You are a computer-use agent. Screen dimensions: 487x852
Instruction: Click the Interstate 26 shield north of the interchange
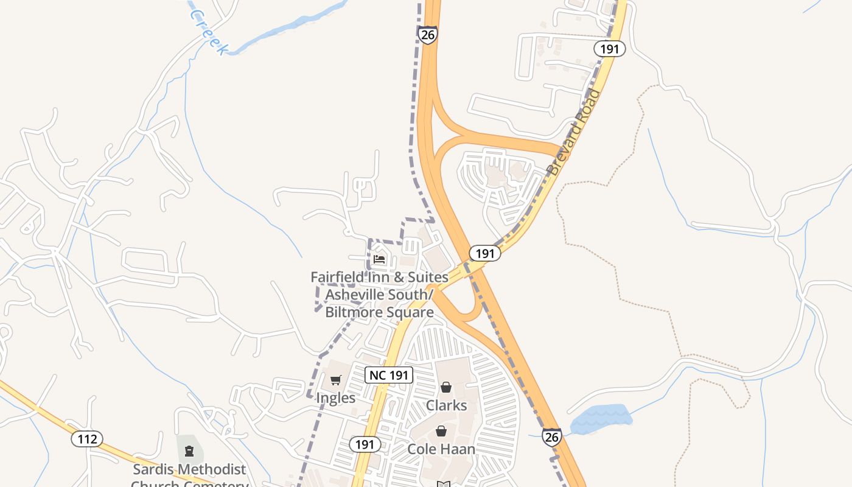click(428, 34)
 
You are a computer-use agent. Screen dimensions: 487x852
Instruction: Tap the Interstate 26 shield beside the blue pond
click(551, 436)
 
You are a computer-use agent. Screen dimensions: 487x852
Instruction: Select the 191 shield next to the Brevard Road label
click(609, 49)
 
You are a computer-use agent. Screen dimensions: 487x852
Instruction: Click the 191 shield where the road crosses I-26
click(484, 253)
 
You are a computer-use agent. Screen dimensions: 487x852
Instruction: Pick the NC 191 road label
click(389, 375)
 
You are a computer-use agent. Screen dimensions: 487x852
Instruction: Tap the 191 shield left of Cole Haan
click(365, 444)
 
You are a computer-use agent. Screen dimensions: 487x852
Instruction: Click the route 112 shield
click(86, 438)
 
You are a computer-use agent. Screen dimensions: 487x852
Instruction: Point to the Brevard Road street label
click(574, 133)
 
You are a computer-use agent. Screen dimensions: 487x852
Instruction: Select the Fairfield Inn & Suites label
click(379, 295)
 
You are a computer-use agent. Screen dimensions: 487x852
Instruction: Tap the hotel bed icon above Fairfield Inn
click(379, 259)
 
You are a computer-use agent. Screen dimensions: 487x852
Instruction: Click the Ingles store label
click(335, 398)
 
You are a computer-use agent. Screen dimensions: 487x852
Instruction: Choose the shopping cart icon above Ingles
click(335, 381)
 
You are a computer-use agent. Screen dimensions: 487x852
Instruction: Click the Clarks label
click(446, 405)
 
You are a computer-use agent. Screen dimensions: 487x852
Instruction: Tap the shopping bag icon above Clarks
click(446, 387)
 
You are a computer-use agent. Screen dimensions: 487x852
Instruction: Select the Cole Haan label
click(441, 449)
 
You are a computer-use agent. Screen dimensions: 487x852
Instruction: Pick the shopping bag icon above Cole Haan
click(441, 431)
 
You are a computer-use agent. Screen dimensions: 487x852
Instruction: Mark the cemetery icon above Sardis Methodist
click(189, 451)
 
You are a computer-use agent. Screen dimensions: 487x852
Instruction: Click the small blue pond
click(600, 419)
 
